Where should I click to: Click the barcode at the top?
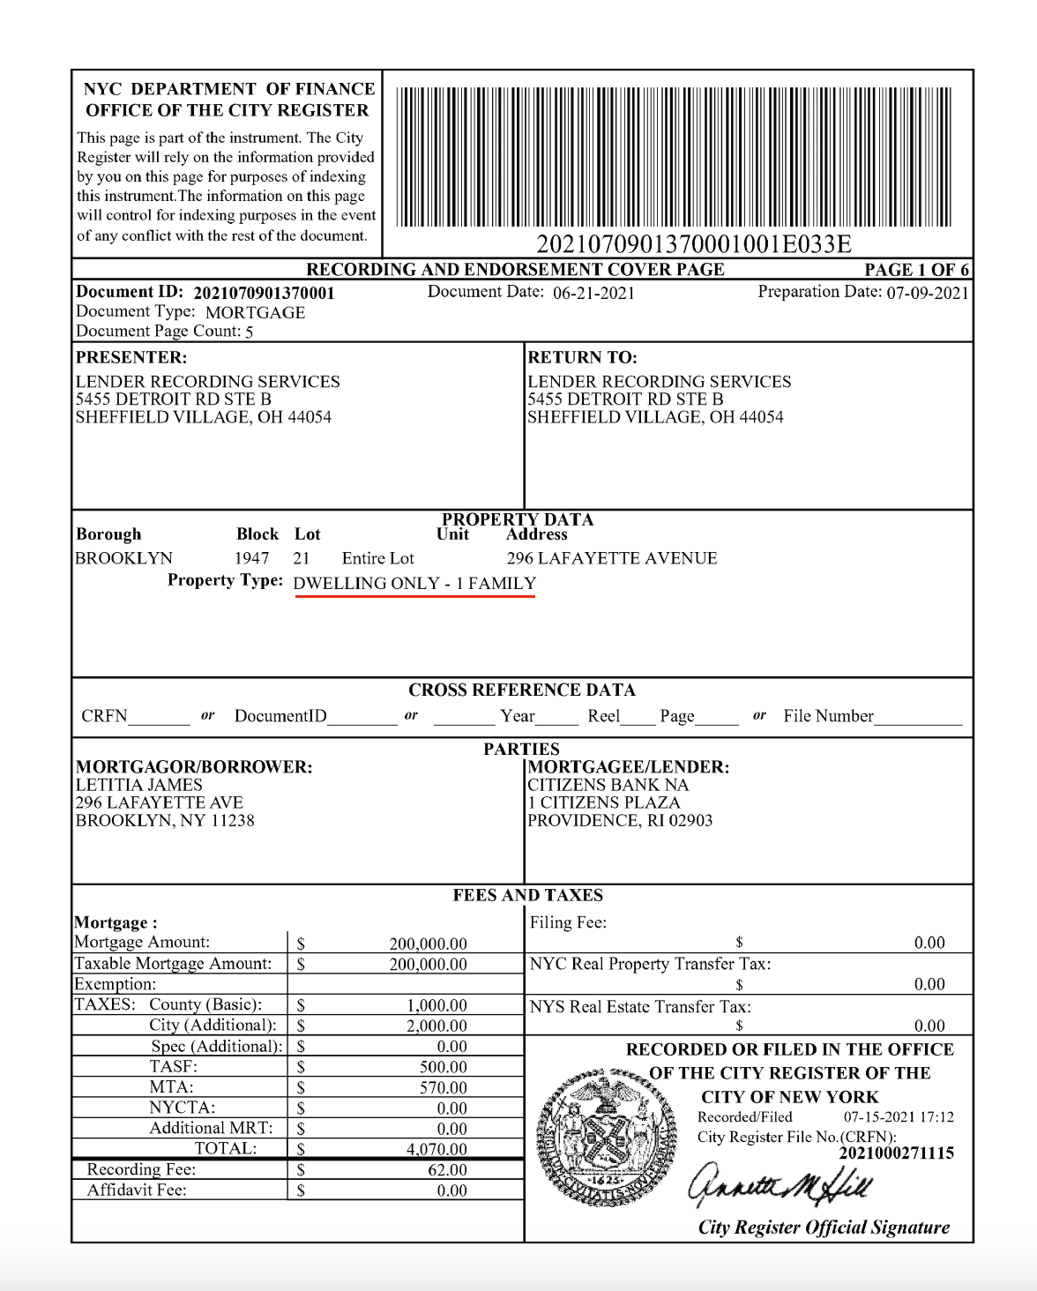click(675, 157)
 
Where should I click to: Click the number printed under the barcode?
click(694, 244)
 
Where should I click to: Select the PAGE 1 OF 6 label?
click(916, 270)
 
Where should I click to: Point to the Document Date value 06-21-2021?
click(593, 294)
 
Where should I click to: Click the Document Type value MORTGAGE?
click(255, 313)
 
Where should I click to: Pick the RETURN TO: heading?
click(582, 357)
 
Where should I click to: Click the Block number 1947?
click(251, 558)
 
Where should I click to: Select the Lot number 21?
click(302, 558)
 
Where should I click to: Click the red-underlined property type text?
click(414, 584)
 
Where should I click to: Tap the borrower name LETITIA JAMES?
click(139, 785)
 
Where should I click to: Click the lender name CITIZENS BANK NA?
click(608, 785)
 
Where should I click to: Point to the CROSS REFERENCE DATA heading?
click(522, 690)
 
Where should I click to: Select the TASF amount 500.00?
click(443, 1067)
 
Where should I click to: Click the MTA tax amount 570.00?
click(443, 1088)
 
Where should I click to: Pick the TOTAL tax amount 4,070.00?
click(436, 1149)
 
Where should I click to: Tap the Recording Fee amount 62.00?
click(447, 1170)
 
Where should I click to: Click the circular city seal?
click(607, 1138)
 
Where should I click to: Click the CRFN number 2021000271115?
click(896, 1153)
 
